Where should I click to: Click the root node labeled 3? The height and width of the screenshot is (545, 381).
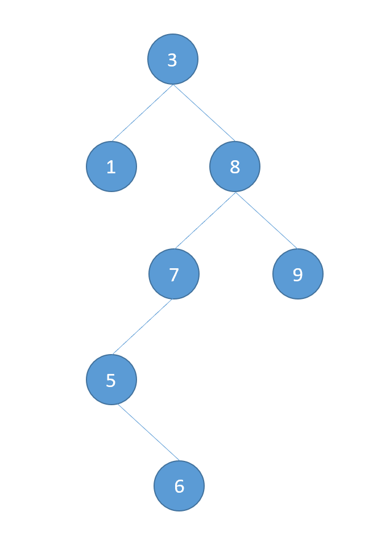tap(173, 59)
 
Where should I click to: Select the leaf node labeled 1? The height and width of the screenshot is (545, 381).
tap(111, 167)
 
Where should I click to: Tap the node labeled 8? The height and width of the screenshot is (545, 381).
tap(235, 167)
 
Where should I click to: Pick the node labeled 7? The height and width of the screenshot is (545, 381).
tap(174, 274)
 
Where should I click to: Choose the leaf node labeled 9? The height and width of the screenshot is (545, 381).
tap(298, 274)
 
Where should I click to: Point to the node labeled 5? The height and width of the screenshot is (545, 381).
tap(111, 380)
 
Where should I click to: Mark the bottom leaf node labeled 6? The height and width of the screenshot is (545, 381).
tap(179, 486)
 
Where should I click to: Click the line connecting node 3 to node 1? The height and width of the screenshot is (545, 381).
tap(142, 113)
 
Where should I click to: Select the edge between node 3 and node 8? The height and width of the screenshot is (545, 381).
tap(204, 113)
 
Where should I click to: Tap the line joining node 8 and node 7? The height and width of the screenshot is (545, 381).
tap(205, 221)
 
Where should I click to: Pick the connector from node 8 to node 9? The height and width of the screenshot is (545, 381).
tap(266, 221)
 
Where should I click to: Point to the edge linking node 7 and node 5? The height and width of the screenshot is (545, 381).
tap(142, 327)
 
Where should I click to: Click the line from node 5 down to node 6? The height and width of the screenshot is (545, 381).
tap(148, 432)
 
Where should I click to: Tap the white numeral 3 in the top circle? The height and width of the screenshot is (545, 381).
tap(172, 60)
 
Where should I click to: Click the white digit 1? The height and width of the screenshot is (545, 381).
tap(111, 168)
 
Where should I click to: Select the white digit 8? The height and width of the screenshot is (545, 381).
tap(235, 168)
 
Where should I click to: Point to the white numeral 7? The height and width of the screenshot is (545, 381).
tap(174, 275)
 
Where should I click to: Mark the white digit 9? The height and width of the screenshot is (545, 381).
tap(297, 275)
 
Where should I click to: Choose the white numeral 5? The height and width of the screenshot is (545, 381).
tap(111, 381)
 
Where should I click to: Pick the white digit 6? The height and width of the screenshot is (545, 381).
tap(179, 487)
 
